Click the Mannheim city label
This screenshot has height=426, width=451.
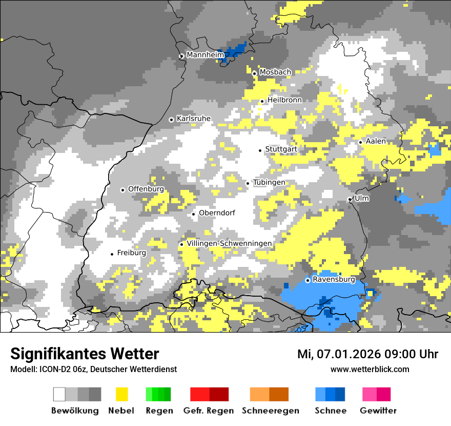pos(206,55)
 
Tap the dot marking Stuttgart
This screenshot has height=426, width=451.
pos(260,150)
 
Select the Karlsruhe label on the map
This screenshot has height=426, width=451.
pos(194,119)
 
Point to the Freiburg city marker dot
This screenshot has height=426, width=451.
pos(112,254)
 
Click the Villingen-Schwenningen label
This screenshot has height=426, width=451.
pos(229,243)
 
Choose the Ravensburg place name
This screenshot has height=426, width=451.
pos(334,280)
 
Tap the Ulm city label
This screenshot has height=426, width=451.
pos(362,198)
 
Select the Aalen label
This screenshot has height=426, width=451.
pos(376,141)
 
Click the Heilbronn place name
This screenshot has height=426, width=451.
pos(284,100)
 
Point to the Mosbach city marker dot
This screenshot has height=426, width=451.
pos(254,73)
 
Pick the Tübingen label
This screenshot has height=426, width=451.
pos(269,182)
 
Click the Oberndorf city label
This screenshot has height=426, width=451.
pos(217,213)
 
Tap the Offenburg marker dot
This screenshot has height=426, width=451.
pos(122,190)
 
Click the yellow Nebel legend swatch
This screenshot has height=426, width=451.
pos(121,394)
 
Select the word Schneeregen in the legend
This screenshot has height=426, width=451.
pos(270,411)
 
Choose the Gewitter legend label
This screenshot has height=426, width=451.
pos(378,411)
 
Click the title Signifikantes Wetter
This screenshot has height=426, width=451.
pos(85,354)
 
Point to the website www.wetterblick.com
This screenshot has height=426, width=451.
pos(370,369)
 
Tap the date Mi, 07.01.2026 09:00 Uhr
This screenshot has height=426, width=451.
pos(367,354)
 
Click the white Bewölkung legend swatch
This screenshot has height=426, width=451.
pos(59,394)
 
